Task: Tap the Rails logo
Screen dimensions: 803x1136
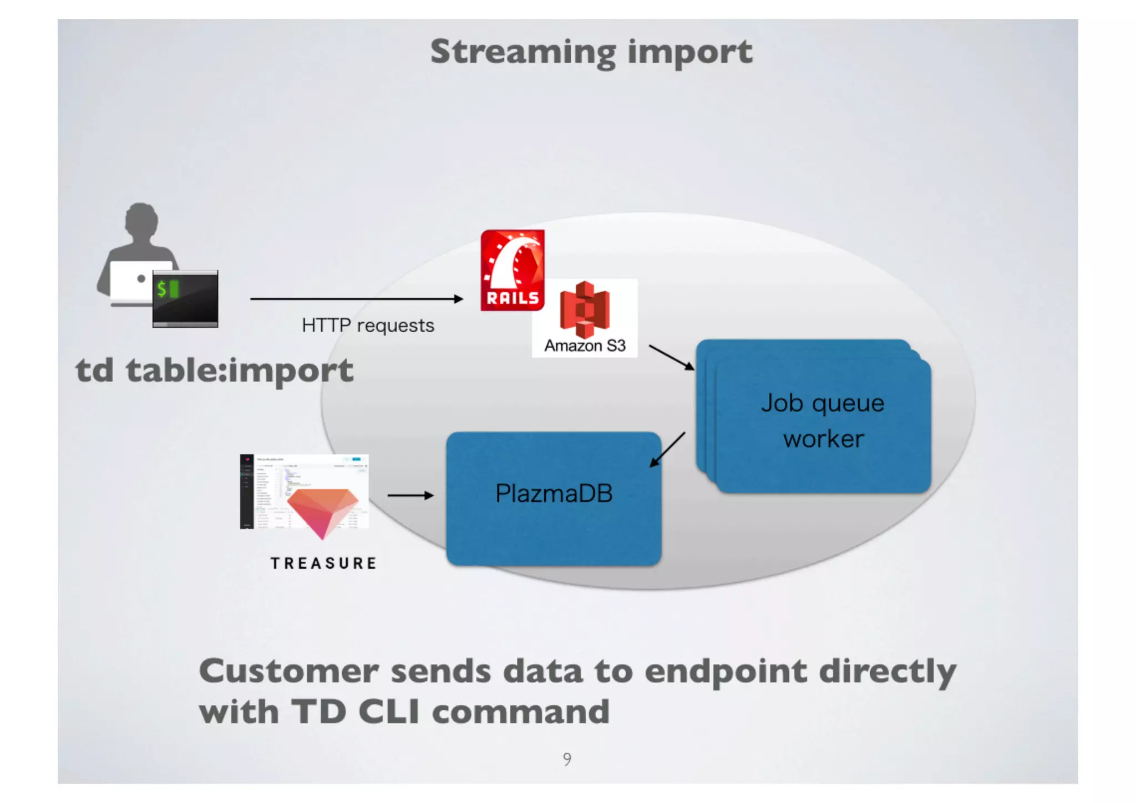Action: coord(512,270)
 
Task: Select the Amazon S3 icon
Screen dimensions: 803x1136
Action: coord(585,309)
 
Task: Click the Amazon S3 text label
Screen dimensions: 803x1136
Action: coord(585,345)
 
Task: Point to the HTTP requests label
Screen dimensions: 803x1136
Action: coord(368,325)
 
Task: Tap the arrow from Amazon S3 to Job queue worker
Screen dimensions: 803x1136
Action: coord(671,357)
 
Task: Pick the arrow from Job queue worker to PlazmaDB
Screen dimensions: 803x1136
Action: coord(667,449)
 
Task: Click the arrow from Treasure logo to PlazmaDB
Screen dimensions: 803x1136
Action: coord(410,495)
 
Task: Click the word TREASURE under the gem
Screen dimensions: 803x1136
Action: coord(324,563)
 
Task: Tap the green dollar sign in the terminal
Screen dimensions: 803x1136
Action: coord(161,288)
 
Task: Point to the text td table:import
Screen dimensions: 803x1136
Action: coord(215,370)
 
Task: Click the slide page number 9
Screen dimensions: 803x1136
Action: coord(567,758)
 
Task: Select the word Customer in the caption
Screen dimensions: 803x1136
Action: coord(288,671)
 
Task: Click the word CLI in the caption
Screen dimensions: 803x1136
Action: coord(389,711)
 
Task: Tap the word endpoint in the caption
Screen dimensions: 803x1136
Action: coord(726,672)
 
